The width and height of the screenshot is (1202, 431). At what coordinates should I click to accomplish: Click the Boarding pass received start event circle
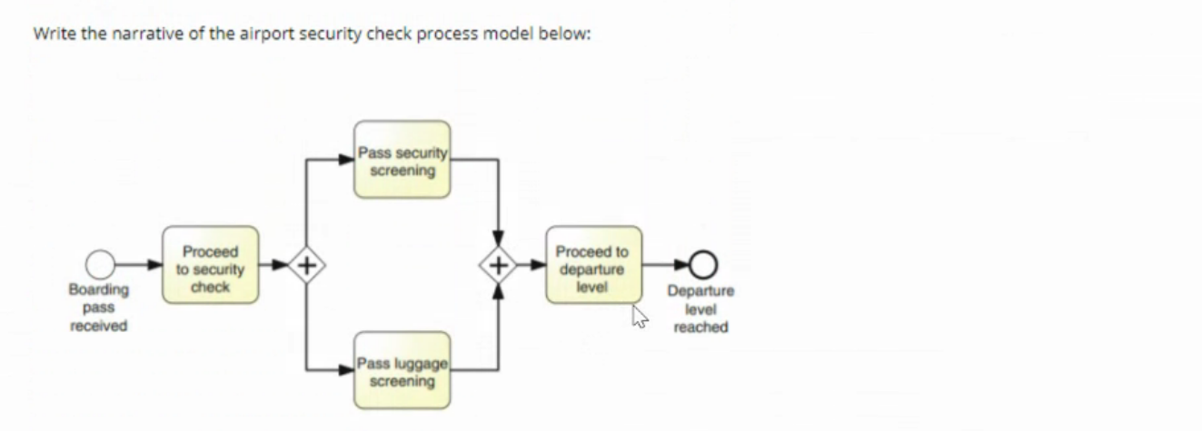tap(100, 265)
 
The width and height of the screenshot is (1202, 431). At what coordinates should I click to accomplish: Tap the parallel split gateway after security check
tap(307, 265)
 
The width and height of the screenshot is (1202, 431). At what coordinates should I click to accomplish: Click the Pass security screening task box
tap(402, 160)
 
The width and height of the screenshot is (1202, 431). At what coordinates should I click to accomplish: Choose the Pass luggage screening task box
tap(402, 371)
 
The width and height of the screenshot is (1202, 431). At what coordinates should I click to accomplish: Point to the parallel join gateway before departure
tap(498, 265)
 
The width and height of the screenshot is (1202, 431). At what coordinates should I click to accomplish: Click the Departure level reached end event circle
tap(700, 265)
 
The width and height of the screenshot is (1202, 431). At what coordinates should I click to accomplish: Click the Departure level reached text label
tap(700, 309)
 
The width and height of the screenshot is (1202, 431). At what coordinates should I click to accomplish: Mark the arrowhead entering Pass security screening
tap(346, 160)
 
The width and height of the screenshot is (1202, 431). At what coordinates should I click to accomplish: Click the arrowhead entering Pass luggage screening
tap(346, 370)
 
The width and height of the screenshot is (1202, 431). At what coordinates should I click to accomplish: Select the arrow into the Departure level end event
tap(678, 265)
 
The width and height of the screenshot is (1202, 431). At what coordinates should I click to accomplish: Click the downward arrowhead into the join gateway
tap(498, 240)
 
